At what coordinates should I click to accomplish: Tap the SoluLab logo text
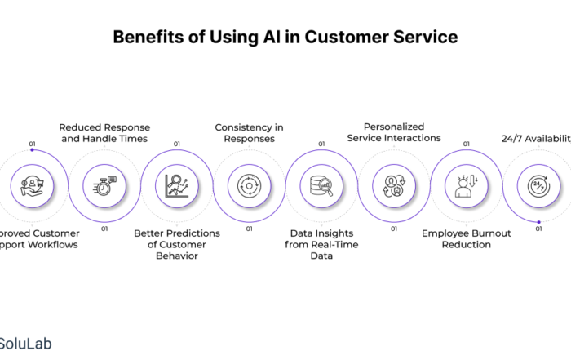click(x=24, y=343)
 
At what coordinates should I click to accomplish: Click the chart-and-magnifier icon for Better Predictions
click(x=177, y=185)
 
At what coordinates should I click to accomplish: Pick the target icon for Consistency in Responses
click(x=249, y=185)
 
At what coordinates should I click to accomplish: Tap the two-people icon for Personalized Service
click(x=393, y=185)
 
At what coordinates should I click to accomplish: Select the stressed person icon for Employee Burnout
click(x=466, y=185)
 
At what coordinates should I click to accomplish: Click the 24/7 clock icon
click(x=537, y=185)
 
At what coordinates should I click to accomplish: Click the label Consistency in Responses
click(x=249, y=132)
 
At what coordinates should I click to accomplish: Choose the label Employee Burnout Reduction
click(x=466, y=238)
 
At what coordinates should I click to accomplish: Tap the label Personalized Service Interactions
click(x=394, y=132)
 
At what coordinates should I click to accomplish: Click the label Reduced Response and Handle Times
click(x=104, y=132)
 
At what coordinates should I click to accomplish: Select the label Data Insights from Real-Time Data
click(x=321, y=243)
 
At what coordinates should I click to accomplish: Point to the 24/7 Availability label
click(x=534, y=138)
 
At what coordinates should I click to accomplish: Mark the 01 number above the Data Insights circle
click(x=321, y=144)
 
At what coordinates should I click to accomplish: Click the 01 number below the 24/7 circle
click(x=538, y=229)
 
